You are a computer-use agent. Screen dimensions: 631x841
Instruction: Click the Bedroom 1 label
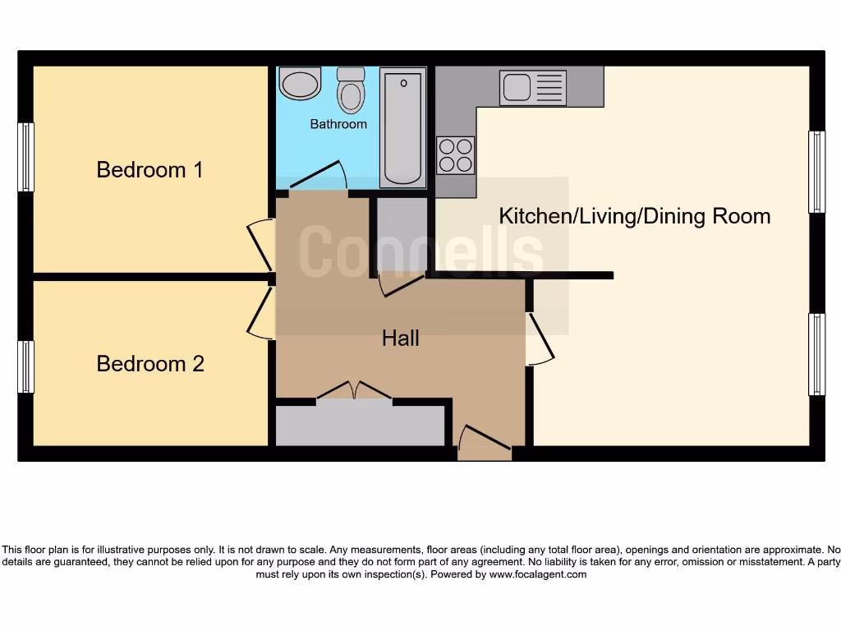coord(149,170)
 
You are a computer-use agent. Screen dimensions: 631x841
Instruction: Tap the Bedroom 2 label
coord(150,363)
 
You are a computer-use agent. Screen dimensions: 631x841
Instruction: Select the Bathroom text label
coord(338,124)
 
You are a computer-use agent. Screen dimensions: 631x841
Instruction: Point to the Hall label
coord(401,338)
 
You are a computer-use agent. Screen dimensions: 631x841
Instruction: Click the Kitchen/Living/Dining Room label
coord(635,216)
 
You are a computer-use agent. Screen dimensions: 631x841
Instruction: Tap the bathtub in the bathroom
coord(402,127)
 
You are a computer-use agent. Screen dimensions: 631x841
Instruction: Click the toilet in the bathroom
coord(352,90)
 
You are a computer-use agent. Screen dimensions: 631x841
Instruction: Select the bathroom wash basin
coord(300,84)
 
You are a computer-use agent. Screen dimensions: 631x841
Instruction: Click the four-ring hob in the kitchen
coord(456,154)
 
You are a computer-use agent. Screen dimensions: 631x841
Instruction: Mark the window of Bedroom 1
coord(26,157)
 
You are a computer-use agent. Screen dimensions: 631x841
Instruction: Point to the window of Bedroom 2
coord(26,366)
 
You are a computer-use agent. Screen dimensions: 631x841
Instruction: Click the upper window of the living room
coord(816,172)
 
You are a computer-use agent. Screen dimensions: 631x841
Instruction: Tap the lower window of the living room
coord(816,354)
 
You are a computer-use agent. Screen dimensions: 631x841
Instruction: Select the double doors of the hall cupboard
coord(354,390)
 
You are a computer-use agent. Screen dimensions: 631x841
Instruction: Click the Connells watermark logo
coord(420,251)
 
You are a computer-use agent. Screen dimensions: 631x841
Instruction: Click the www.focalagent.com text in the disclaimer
coord(538,574)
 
